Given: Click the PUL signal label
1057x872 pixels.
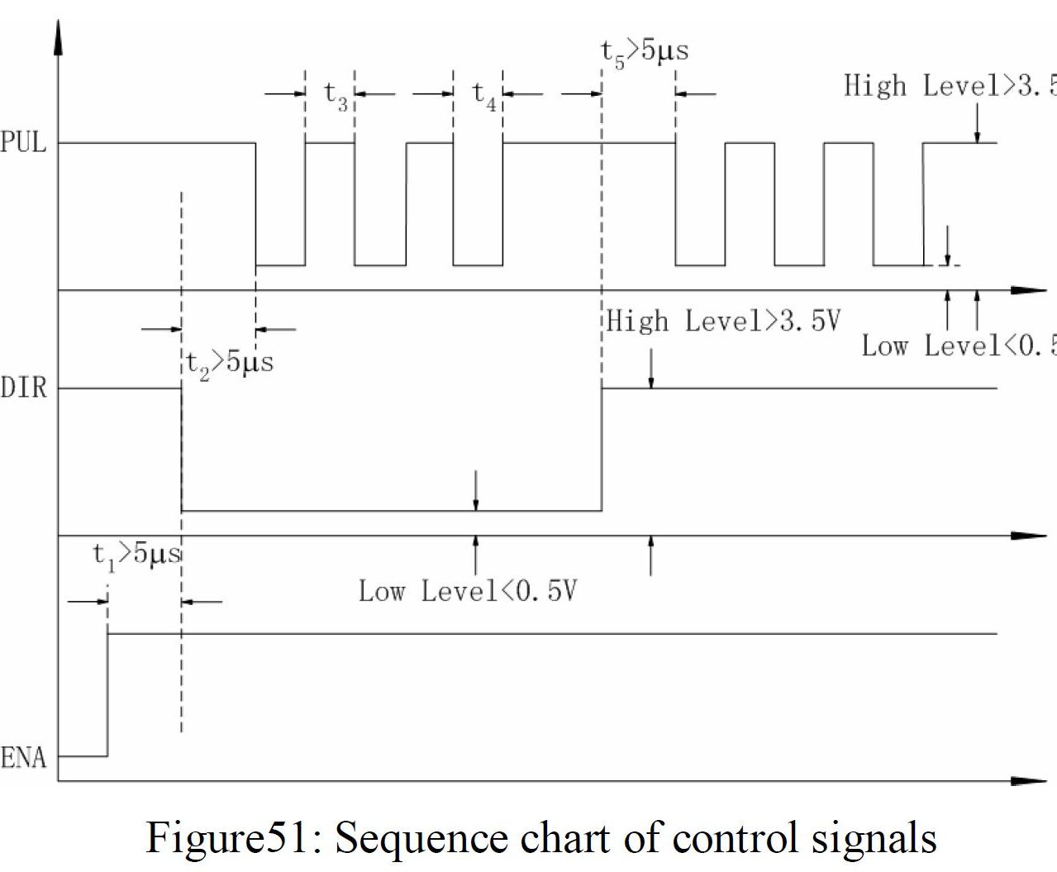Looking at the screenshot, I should (x=24, y=143).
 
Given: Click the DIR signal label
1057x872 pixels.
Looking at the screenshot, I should (x=24, y=388).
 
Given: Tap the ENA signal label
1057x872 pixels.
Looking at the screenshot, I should (x=24, y=757).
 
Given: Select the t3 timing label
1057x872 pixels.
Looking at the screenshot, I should (x=336, y=94).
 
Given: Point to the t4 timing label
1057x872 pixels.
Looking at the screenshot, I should (x=484, y=94).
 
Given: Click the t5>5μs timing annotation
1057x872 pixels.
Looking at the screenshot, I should (x=644, y=51).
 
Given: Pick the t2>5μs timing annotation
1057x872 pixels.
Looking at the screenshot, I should (x=229, y=362).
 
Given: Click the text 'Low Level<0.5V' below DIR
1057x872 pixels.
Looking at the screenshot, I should (x=468, y=591).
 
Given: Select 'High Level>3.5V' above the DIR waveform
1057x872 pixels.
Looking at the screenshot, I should (x=723, y=321).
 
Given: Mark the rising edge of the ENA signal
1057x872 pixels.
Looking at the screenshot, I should (x=107, y=694).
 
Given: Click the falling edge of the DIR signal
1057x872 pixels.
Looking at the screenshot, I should (x=182, y=450).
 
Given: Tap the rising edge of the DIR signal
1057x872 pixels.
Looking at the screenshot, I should (x=602, y=450).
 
